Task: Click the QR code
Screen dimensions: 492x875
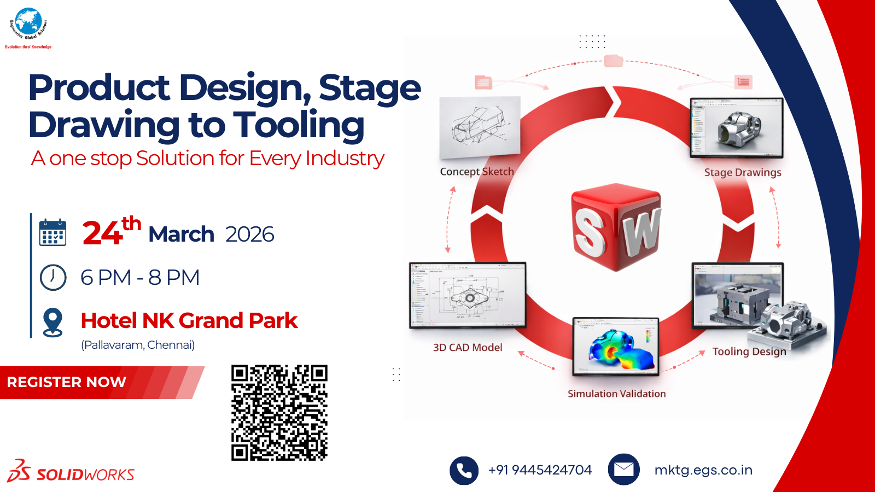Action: pos(279,413)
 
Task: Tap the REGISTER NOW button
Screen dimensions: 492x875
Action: pos(67,382)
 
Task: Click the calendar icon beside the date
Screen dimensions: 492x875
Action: pos(53,233)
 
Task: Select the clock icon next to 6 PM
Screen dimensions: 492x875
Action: pos(53,277)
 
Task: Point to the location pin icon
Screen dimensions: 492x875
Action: pos(53,322)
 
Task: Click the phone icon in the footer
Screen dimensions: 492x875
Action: pos(464,470)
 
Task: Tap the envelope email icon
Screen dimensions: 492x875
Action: pos(623,470)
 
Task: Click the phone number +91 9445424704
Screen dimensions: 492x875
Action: pos(540,470)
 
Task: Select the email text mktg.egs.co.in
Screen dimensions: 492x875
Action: pos(703,470)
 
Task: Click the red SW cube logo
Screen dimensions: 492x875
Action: pos(616,227)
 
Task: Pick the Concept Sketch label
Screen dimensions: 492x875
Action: pos(477,172)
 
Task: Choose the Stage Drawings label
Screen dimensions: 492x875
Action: pos(743,173)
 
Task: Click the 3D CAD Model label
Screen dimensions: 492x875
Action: pos(468,348)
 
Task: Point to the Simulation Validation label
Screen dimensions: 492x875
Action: pos(616,394)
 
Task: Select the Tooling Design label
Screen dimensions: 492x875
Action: pos(749,352)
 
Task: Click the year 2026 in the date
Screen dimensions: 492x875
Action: pos(249,234)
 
